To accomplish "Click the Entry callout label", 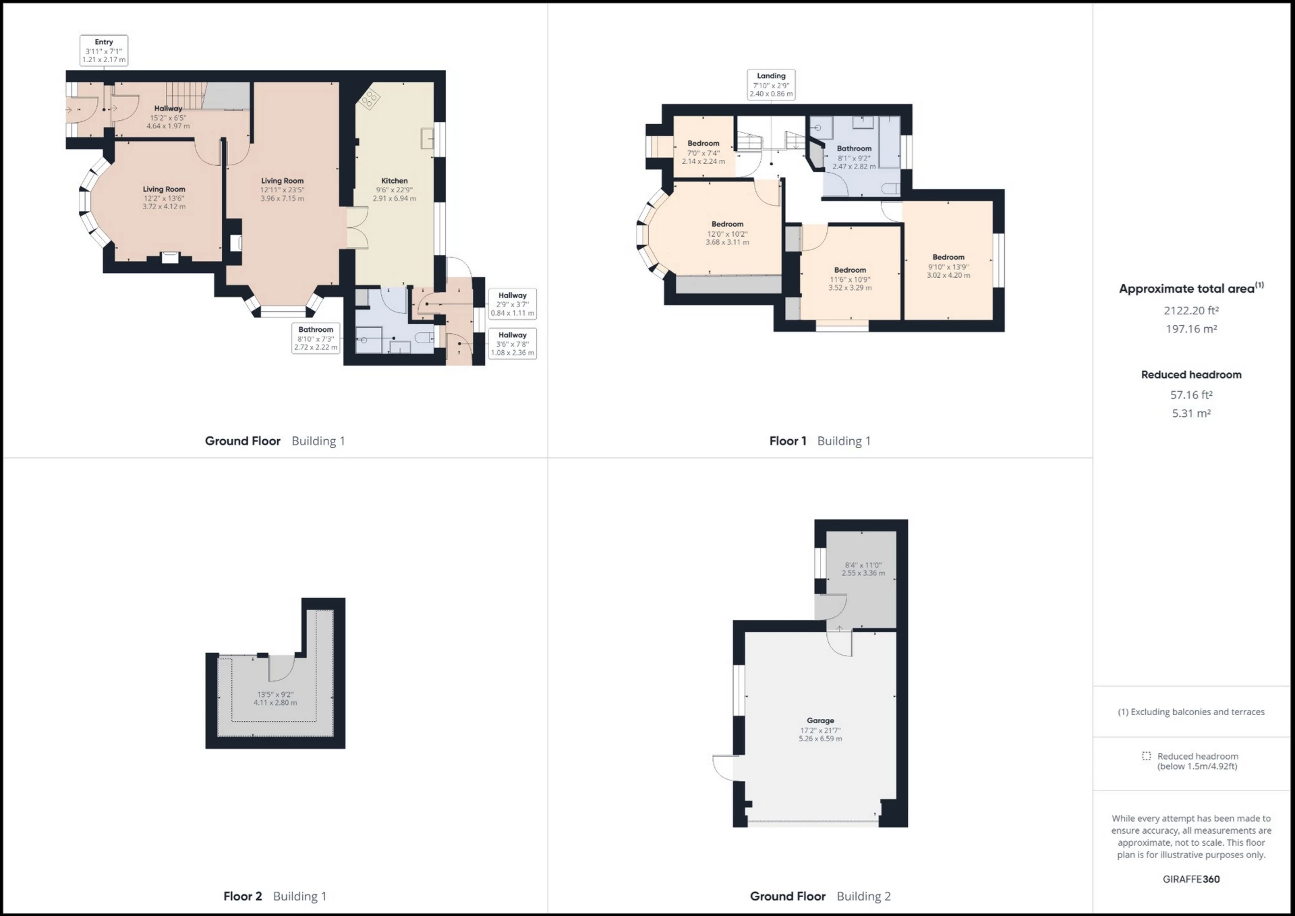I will tap(104, 51).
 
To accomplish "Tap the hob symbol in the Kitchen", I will tap(369, 101).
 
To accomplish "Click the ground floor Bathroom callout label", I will tap(316, 338).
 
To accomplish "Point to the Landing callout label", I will tap(771, 85).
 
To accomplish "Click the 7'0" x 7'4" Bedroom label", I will tap(703, 152).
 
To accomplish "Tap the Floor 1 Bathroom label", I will tap(854, 156).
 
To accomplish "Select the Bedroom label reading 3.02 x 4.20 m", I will tap(948, 266).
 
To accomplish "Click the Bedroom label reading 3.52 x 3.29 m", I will tap(850, 279).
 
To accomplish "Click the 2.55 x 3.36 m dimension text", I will tap(863, 573).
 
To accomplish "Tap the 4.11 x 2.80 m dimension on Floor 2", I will tap(275, 703).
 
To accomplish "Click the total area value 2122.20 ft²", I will tap(1191, 311).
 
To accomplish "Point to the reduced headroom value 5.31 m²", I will tap(1191, 413).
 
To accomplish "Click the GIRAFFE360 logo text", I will tap(1191, 880).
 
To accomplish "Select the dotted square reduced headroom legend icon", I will tap(1146, 756).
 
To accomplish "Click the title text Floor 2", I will tap(242, 896).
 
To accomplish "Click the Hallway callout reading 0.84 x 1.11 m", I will tap(513, 304).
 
